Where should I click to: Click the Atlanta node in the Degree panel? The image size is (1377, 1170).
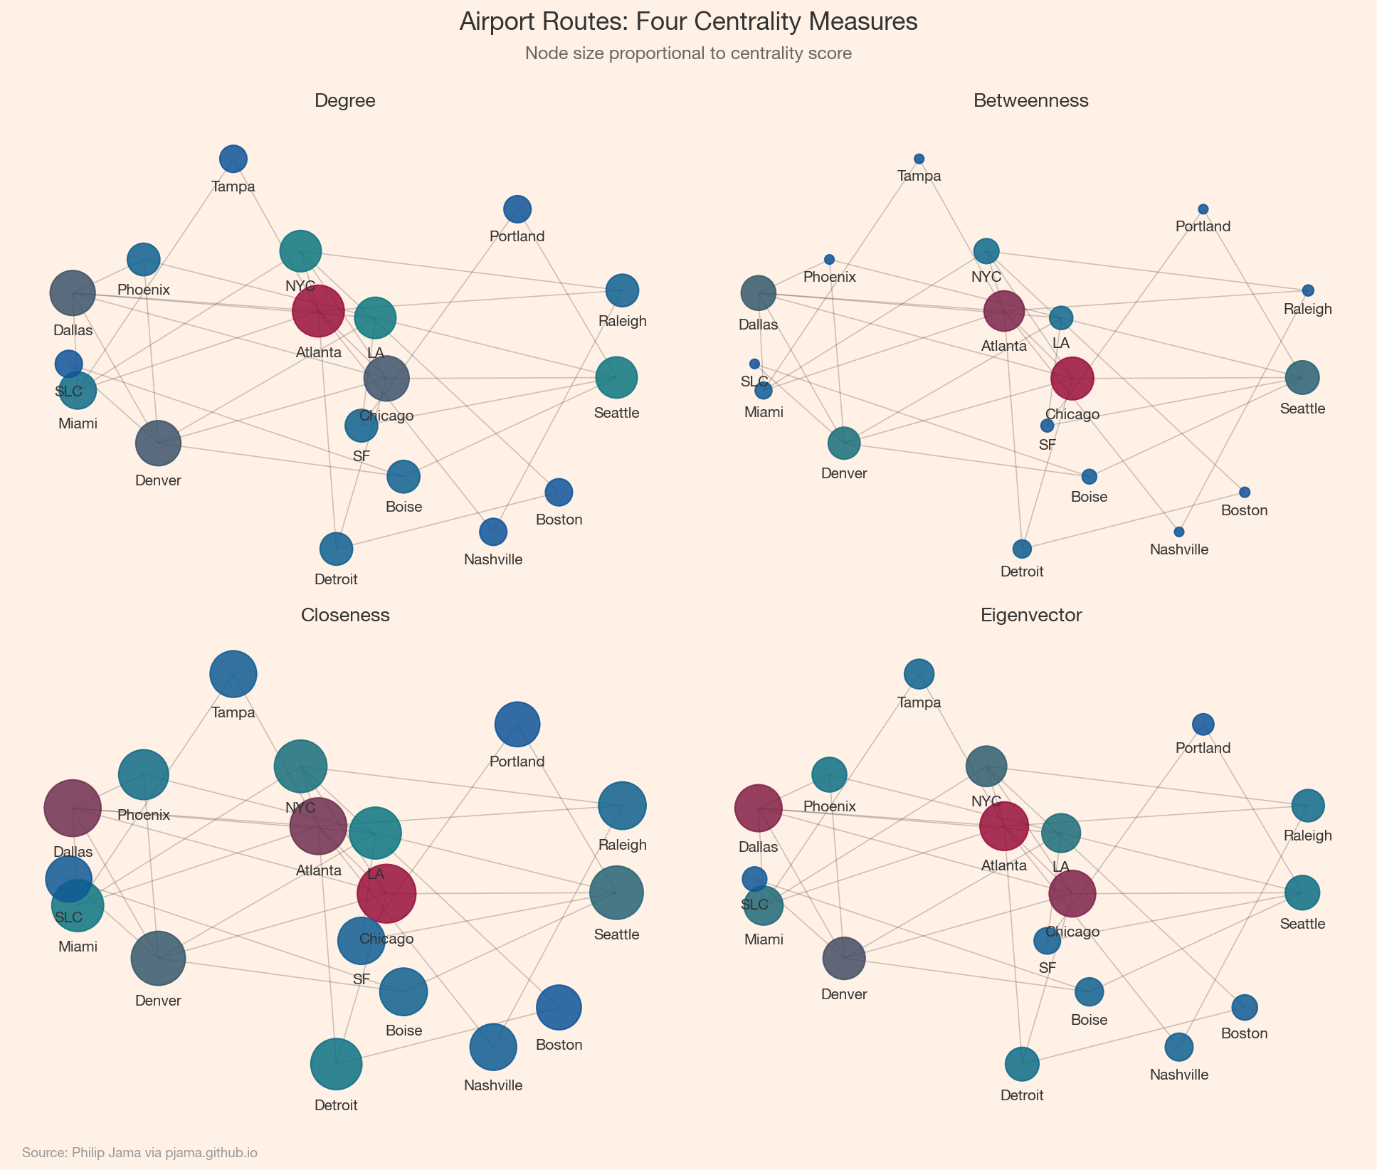tap(318, 311)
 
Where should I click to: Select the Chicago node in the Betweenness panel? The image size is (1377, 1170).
tap(1072, 379)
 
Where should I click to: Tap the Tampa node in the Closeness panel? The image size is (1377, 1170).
tap(233, 673)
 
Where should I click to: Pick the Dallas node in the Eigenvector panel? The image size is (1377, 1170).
tap(758, 808)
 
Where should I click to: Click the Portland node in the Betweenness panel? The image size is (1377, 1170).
tap(1203, 209)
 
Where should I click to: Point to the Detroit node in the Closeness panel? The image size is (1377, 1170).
tap(336, 1064)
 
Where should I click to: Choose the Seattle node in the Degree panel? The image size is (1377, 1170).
tap(616, 377)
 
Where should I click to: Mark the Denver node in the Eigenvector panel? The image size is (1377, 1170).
tap(844, 959)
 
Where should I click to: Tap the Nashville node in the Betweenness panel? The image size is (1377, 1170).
tap(1178, 532)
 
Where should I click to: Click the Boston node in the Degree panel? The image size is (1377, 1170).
tap(559, 492)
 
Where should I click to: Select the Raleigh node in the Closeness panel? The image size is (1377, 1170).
tap(622, 806)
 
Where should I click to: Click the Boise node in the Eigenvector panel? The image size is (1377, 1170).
tap(1089, 991)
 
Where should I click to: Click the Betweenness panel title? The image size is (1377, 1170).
tap(1030, 101)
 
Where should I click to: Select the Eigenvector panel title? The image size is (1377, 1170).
tap(1030, 616)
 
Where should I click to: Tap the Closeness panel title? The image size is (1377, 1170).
tap(345, 616)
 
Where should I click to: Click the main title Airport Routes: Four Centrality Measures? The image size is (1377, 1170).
tap(688, 22)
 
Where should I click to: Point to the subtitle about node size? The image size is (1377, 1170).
tap(688, 53)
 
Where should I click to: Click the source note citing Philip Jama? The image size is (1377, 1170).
tap(139, 1153)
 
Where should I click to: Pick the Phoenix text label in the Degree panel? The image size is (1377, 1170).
tap(144, 290)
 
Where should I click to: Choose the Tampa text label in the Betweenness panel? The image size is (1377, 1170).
tap(919, 176)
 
